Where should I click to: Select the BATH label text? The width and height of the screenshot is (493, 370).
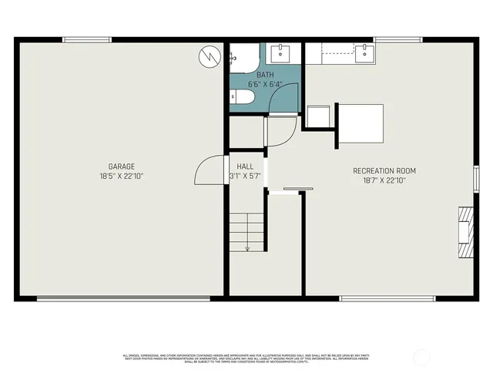tap(265, 75)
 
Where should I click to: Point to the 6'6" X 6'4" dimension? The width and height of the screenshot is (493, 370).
tap(265, 84)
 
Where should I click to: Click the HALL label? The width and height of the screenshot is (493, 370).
tap(245, 166)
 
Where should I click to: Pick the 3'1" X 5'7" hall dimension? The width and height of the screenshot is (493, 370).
tap(245, 176)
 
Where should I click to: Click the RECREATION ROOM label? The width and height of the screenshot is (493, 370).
tap(384, 170)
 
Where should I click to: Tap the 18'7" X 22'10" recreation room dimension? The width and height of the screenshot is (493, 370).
tap(384, 180)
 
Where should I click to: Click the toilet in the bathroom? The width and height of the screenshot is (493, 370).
tap(240, 98)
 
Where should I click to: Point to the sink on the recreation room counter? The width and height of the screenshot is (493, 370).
tap(365, 52)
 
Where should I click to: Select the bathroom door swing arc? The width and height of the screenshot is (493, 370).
tap(283, 99)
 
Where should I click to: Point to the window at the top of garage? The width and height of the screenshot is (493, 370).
tap(85, 40)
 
